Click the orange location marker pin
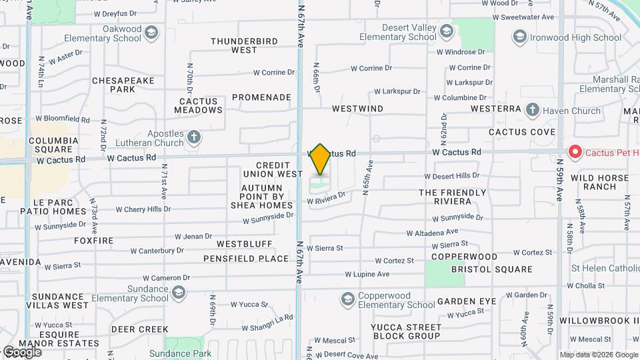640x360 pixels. click(x=321, y=159)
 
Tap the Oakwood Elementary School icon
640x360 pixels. click(x=152, y=32)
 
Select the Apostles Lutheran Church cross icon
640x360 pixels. click(x=194, y=137)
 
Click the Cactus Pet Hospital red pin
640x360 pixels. click(x=574, y=153)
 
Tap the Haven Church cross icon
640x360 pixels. click(x=532, y=110)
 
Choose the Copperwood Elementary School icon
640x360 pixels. click(x=347, y=299)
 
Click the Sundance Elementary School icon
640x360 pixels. click(x=179, y=293)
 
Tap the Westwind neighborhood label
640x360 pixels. click(x=358, y=108)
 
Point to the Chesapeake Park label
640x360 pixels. click(x=123, y=85)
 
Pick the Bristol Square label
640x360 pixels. click(x=492, y=269)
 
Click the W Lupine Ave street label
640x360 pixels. click(x=367, y=274)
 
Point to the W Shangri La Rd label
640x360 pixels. click(x=267, y=323)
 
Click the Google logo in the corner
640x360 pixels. click(x=22, y=351)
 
